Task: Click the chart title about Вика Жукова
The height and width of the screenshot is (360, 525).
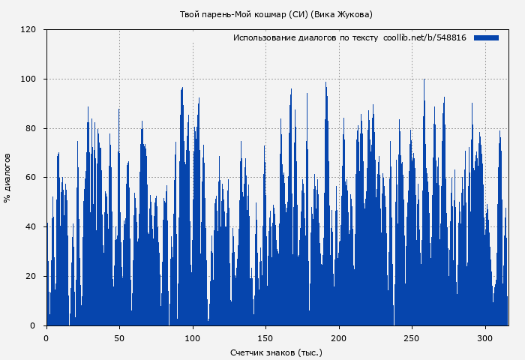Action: [x=276, y=14]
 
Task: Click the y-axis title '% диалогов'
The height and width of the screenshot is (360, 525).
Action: [x=7, y=178]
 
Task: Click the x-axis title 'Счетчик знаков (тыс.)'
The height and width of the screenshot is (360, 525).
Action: [x=276, y=352]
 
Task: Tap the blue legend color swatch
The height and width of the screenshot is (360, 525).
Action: [x=486, y=37]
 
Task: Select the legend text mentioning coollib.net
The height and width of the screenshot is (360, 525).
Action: [x=349, y=37]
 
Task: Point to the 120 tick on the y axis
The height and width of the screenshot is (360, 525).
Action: [x=28, y=30]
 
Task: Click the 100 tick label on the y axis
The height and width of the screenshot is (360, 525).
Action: [x=28, y=79]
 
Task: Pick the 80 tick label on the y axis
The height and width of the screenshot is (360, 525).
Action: [x=31, y=128]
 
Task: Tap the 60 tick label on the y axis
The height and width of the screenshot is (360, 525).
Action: [x=31, y=178]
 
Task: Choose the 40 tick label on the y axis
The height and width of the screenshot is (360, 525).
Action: [x=31, y=227]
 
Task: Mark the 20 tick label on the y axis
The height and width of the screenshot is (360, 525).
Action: [x=31, y=276]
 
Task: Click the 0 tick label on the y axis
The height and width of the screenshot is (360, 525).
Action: [x=33, y=325]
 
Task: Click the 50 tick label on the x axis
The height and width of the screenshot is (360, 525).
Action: [x=119, y=338]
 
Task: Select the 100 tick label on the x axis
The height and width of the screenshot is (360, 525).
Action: [x=193, y=338]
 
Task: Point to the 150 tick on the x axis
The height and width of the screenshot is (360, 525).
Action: [x=266, y=338]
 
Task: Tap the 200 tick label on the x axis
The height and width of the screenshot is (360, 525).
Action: [x=339, y=338]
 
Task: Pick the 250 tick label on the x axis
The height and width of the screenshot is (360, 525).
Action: [x=412, y=338]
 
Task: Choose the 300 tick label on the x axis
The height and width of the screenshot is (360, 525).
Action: [x=485, y=338]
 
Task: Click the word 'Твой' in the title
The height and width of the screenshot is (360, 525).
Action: [x=190, y=14]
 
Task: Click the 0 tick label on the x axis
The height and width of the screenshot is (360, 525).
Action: [x=46, y=338]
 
